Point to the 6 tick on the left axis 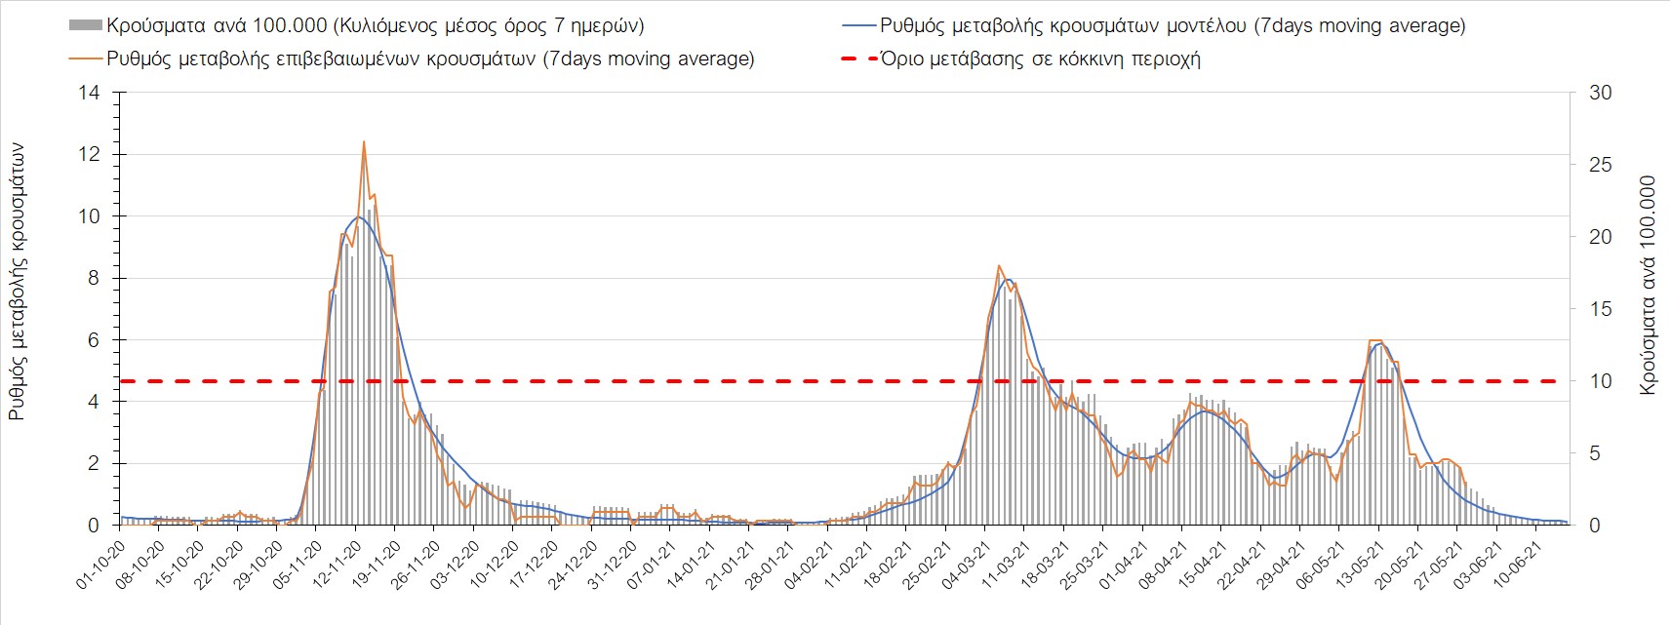(x=94, y=340)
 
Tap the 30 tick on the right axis (x=1600, y=94)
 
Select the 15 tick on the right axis (x=1600, y=309)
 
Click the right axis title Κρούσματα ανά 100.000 (x=1648, y=285)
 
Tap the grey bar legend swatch (x=86, y=26)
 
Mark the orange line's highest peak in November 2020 (x=364, y=142)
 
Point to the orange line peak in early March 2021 (x=999, y=266)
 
